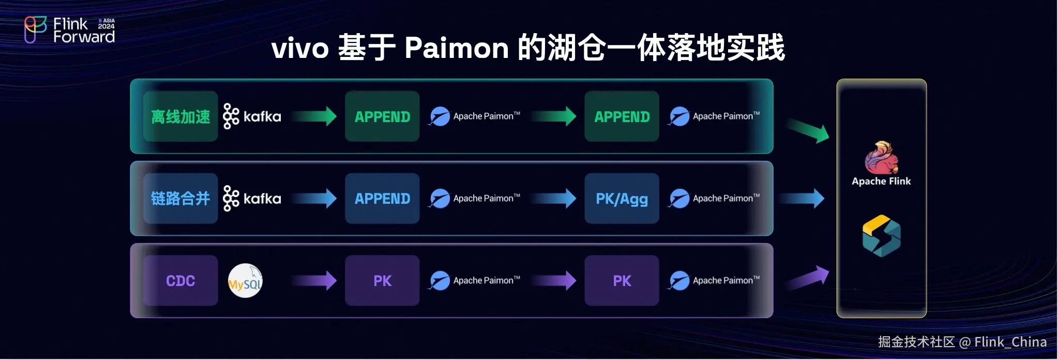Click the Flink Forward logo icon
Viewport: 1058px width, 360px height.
click(x=35, y=29)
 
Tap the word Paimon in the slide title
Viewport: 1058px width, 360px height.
click(x=457, y=48)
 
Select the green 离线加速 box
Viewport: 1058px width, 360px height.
click(x=180, y=116)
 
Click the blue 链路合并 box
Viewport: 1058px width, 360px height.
click(x=180, y=198)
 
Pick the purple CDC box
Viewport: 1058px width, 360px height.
click(x=180, y=280)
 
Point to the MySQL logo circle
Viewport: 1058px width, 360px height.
click(x=246, y=281)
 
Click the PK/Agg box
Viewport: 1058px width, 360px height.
click(x=622, y=199)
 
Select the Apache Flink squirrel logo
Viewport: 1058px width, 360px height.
click(x=881, y=158)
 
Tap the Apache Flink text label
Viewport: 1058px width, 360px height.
click(x=881, y=182)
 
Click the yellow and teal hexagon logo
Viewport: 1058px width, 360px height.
click(x=881, y=236)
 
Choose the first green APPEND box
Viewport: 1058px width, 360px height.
click(x=382, y=116)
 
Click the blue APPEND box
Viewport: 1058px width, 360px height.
click(x=382, y=199)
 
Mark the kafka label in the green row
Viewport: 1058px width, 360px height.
click(x=262, y=117)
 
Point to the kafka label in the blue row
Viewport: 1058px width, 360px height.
click(x=262, y=199)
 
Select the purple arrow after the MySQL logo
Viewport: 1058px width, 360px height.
click(x=314, y=280)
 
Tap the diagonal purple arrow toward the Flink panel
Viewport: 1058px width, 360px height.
click(x=808, y=278)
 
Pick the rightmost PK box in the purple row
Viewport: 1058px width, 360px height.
click(x=622, y=280)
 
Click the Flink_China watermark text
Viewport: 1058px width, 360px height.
click(x=1010, y=342)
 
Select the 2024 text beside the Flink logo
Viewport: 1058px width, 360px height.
click(x=107, y=26)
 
